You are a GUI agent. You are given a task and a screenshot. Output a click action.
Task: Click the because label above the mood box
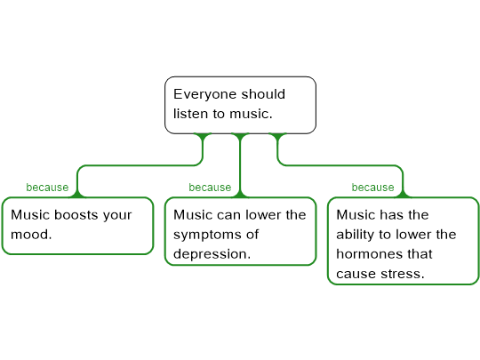[47, 187]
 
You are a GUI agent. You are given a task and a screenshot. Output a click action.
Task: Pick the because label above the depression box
[210, 187]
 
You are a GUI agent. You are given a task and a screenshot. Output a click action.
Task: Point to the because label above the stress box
[372, 187]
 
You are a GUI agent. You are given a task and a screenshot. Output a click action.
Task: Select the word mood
[31, 235]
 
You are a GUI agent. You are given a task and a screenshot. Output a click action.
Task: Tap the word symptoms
[204, 235]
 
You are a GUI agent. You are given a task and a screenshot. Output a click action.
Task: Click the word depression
[212, 254]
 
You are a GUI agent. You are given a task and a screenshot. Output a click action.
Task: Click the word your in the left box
[117, 215]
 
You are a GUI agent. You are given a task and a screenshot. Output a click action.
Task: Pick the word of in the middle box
[252, 235]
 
